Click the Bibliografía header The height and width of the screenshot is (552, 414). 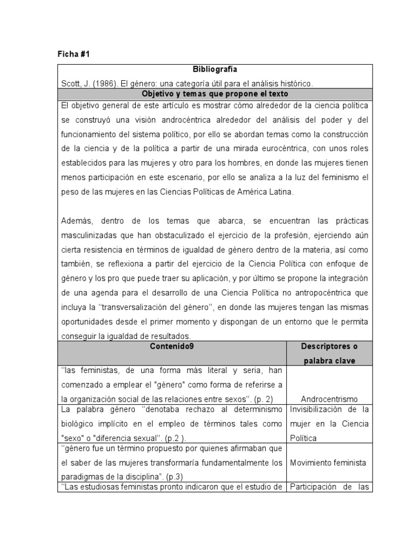point(215,70)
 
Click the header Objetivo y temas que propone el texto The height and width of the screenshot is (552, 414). point(215,93)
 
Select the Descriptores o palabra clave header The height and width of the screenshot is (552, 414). point(329,354)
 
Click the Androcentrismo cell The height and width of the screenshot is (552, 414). point(330,399)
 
